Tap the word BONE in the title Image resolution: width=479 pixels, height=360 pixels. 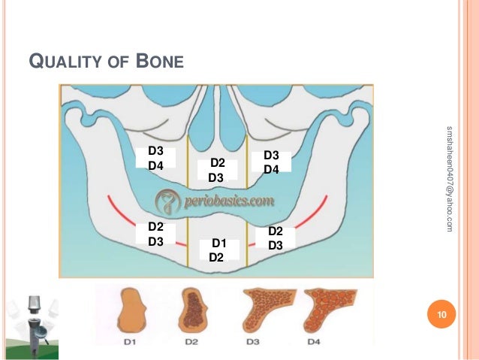160,60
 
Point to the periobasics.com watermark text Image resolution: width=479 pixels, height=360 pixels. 215,202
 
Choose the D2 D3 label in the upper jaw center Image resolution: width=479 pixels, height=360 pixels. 216,170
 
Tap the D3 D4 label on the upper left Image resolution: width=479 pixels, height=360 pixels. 156,158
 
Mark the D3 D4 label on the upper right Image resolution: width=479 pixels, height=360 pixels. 272,162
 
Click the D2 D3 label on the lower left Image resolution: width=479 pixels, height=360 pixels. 156,234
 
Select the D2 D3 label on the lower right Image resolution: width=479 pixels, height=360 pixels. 275,237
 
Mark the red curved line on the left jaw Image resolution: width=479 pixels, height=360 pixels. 143,226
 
